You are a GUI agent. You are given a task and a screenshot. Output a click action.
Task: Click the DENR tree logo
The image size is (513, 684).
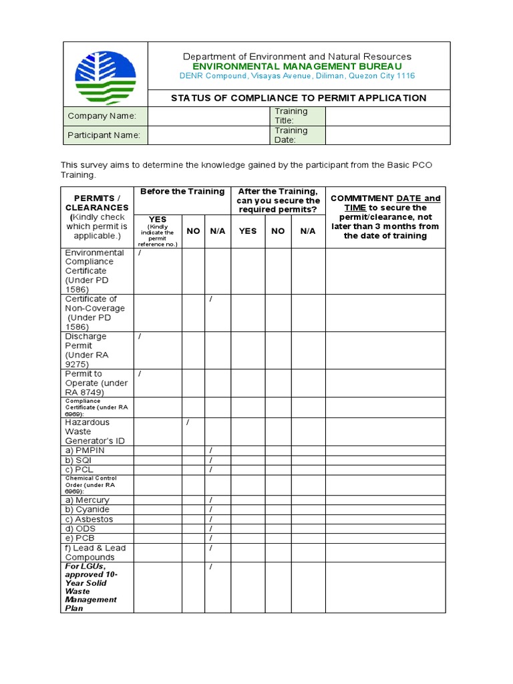(105, 73)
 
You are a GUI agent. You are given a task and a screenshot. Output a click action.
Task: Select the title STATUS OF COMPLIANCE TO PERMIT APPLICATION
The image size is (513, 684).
(299, 98)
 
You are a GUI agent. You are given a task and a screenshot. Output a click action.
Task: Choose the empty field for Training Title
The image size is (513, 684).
(387, 116)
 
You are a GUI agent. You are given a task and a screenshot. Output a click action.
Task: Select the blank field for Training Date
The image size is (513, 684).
(387, 135)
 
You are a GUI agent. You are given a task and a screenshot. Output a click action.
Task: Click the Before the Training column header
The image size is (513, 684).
(182, 192)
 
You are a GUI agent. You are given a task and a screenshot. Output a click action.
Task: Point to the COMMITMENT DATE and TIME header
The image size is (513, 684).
(385, 217)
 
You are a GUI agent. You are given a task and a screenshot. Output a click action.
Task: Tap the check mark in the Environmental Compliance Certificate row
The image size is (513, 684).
(140, 253)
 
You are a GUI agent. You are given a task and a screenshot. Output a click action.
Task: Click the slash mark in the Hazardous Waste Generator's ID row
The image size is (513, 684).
(188, 423)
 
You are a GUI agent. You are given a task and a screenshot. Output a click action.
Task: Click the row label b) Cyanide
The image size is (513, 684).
(87, 510)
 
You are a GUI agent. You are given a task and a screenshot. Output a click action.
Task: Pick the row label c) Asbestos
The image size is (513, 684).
(89, 519)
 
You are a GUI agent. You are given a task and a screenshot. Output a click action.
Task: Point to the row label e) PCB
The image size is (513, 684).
(80, 538)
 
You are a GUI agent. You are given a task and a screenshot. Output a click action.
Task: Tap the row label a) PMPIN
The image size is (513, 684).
(85, 450)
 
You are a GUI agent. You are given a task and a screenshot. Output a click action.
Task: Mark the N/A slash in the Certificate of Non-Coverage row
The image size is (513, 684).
(210, 299)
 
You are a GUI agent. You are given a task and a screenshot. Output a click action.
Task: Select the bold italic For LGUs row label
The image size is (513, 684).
(92, 587)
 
